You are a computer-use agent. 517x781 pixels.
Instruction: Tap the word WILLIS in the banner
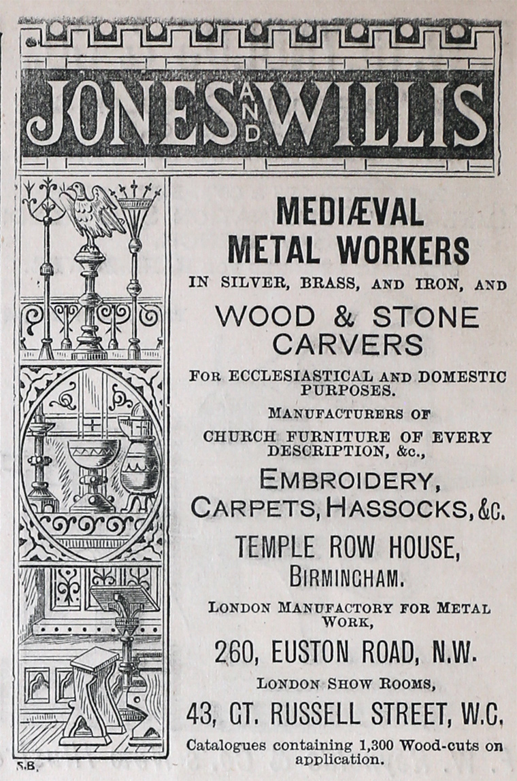pyautogui.click(x=378, y=112)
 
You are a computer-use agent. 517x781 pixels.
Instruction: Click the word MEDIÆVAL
pyautogui.click(x=349, y=213)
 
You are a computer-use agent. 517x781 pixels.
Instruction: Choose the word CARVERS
pyautogui.click(x=348, y=345)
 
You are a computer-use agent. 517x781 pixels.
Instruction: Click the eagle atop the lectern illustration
pyautogui.click(x=92, y=207)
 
